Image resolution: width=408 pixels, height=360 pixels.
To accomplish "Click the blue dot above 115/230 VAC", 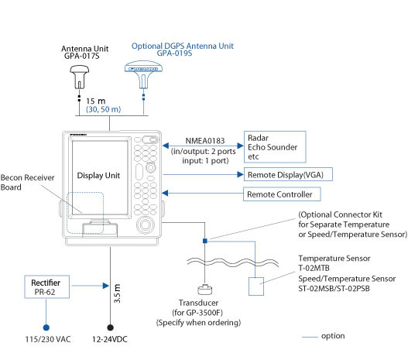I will pyautogui.click(x=46, y=326).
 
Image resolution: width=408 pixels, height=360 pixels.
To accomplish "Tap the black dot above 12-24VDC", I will pyautogui.click(x=109, y=326).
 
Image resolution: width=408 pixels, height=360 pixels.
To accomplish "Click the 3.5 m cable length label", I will pyautogui.click(x=117, y=295).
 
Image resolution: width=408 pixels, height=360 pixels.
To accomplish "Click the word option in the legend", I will pyautogui.click(x=334, y=335).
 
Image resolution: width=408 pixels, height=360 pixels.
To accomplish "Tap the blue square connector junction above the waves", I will pyautogui.click(x=203, y=241).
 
